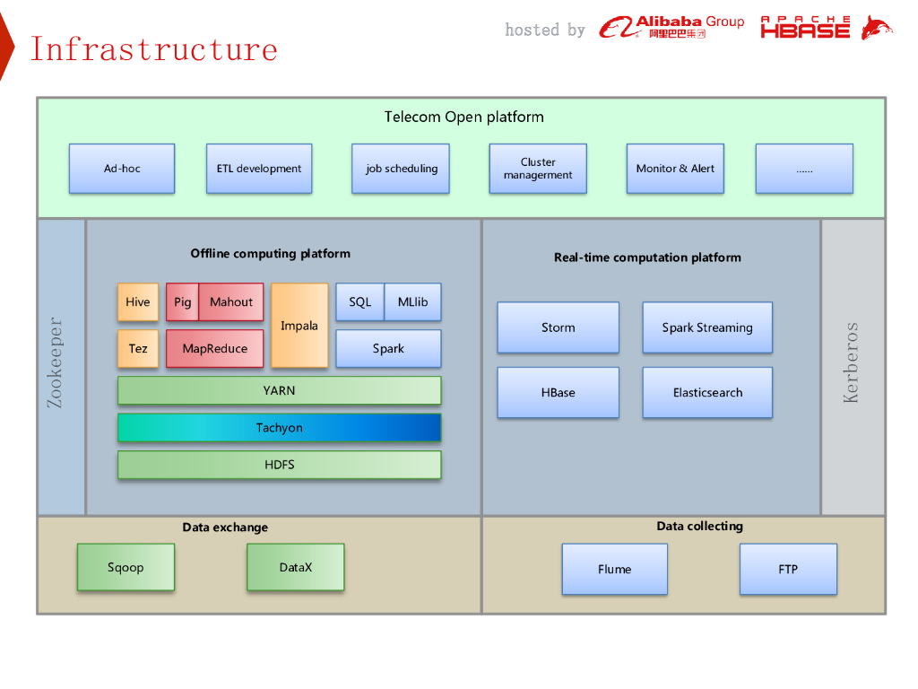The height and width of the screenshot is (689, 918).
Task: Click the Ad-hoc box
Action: [x=122, y=169]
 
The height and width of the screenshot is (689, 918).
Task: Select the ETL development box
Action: [x=259, y=169]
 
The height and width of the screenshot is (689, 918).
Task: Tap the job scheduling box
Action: [x=401, y=169]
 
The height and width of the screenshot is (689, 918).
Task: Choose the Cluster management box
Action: [x=538, y=169]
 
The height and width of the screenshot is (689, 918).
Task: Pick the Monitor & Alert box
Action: [x=675, y=169]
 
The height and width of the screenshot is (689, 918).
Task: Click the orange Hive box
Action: [x=138, y=301]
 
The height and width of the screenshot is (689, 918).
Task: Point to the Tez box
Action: [x=138, y=349]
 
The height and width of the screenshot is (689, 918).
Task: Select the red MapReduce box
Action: [x=215, y=349]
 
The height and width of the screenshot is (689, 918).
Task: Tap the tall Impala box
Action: [x=299, y=326]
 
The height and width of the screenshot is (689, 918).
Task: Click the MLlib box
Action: [x=412, y=301]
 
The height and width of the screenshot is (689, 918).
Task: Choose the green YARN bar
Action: [x=280, y=391]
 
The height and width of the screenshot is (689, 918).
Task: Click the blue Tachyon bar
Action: [x=280, y=428]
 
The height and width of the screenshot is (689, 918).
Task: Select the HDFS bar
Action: [x=280, y=465]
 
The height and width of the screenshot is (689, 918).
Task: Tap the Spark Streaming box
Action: [x=707, y=327]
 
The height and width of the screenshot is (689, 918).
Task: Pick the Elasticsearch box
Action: [x=707, y=393]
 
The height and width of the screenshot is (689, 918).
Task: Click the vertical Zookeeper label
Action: [x=55, y=362]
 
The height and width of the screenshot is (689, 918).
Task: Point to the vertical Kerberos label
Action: [x=851, y=362]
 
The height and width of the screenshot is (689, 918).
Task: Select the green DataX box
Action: [x=296, y=567]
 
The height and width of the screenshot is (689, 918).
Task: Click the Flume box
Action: [x=615, y=570]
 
